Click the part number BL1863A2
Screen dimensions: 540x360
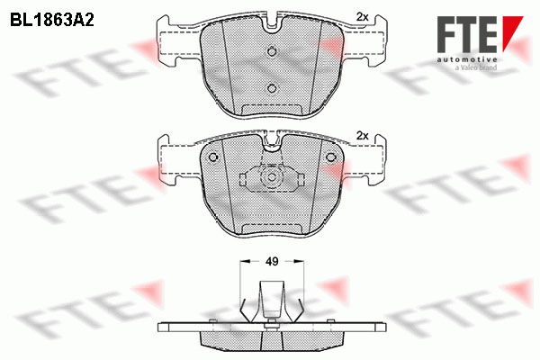coord(52,21)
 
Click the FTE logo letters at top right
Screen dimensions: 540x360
coord(467,34)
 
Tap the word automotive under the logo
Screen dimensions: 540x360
coord(467,59)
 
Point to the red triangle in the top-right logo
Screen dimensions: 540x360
coord(511,30)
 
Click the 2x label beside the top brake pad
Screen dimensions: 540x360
coord(363,17)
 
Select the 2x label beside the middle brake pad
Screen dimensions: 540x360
coord(363,136)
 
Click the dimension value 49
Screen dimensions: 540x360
coord(272,262)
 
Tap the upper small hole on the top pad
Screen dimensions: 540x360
coord(272,51)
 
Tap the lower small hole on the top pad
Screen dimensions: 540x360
coord(272,88)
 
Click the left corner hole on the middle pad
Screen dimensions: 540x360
coord(213,157)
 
